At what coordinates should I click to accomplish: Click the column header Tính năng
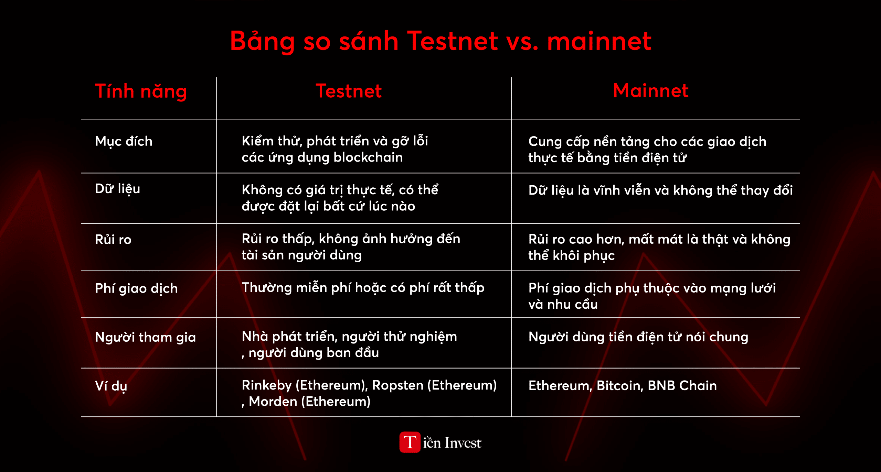[x=141, y=92]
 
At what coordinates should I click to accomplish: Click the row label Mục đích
[x=124, y=142]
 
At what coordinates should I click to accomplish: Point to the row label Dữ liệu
[x=117, y=189]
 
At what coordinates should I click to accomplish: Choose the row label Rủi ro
[x=113, y=239]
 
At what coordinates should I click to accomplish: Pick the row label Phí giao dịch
[x=136, y=289]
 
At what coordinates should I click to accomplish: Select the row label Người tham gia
[x=145, y=338]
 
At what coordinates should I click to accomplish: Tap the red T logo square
[x=410, y=442]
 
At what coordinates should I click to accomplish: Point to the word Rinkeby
[x=267, y=385]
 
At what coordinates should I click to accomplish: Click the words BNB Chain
[x=682, y=386]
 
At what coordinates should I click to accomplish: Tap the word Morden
[x=273, y=402]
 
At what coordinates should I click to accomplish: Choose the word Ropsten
[x=398, y=385]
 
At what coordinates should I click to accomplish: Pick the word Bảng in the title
[x=262, y=41]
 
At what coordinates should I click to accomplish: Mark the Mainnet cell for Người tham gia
[x=638, y=337]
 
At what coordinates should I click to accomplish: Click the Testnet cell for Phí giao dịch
[x=363, y=288]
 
